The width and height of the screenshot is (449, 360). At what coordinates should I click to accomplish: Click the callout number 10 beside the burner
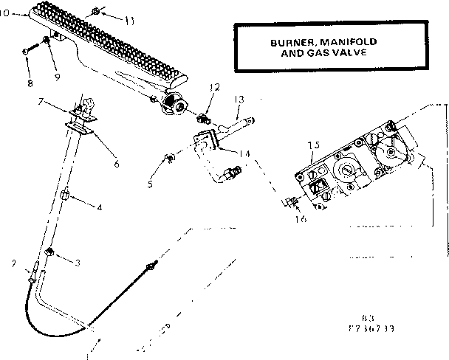click(x=7, y=13)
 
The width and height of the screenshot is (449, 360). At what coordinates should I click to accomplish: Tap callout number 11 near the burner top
click(x=129, y=20)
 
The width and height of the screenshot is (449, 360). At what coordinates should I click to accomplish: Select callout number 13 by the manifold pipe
click(x=239, y=98)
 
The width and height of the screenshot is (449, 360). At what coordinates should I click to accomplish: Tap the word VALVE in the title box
click(x=344, y=53)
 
